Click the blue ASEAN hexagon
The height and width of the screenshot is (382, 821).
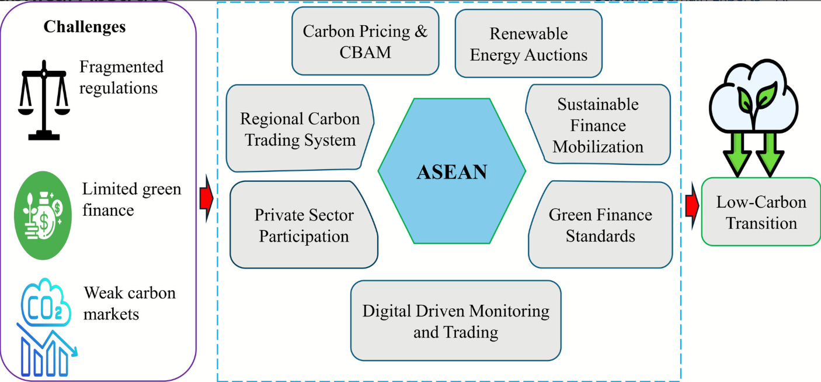(x=451, y=171)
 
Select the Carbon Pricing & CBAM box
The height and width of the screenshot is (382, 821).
(x=365, y=41)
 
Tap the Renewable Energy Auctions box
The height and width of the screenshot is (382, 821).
(x=528, y=44)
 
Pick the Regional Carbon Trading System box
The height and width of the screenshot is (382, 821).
(x=300, y=129)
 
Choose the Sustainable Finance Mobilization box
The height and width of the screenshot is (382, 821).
(x=598, y=125)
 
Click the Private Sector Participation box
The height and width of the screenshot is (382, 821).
(x=304, y=225)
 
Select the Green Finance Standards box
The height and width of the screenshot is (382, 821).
(x=600, y=225)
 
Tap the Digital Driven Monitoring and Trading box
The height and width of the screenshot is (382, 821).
(x=455, y=321)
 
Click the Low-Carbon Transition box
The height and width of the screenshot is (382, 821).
(x=761, y=212)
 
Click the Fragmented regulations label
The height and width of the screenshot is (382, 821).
(x=121, y=77)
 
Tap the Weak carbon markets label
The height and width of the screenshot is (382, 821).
(x=129, y=302)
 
